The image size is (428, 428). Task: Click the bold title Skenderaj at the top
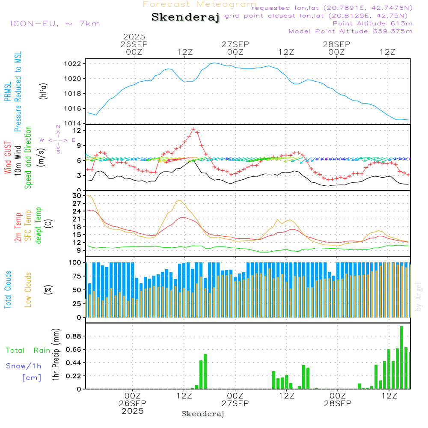click(185, 18)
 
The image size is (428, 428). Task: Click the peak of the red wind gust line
click(193, 129)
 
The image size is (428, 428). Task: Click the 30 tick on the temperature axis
click(77, 196)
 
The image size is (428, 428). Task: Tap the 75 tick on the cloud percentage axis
click(77, 276)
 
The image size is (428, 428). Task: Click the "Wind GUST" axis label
click(8, 159)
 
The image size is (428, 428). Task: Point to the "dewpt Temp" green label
click(39, 226)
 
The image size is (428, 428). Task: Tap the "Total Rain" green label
click(28, 351)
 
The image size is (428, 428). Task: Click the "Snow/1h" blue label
click(24, 366)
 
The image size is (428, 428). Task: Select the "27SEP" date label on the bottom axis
click(235, 404)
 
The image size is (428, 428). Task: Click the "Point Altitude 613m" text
click(372, 24)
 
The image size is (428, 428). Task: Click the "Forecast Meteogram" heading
click(199, 4)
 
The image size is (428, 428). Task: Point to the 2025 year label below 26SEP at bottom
click(133, 411)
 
